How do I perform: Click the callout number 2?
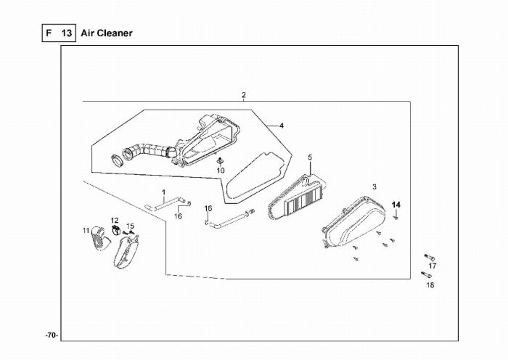244,95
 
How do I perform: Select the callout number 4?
282,126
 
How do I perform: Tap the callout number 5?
309,157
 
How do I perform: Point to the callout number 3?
374,187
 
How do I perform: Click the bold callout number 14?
396,204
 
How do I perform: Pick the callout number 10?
221,171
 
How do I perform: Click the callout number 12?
115,220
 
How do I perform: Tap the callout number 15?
131,226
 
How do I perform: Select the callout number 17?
432,266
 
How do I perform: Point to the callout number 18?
430,285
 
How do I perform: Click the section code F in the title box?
49,33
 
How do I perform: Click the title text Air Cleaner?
106,33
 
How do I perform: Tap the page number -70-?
51,335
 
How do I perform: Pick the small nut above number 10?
219,159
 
